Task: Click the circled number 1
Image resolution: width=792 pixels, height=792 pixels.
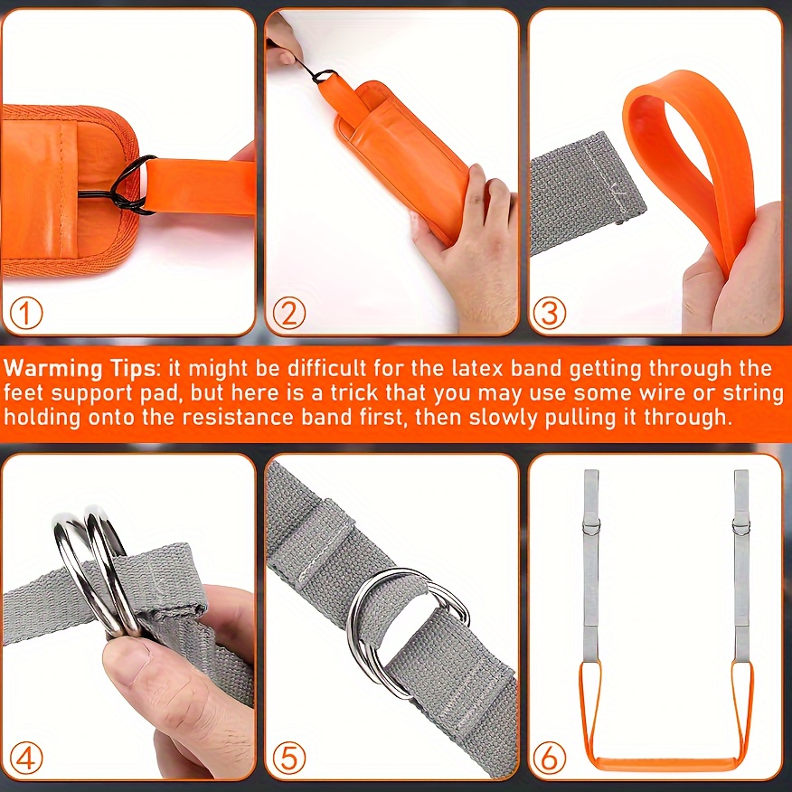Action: click(26, 313)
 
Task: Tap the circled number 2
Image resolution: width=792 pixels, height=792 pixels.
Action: click(289, 313)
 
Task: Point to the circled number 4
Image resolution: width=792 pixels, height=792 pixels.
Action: click(26, 758)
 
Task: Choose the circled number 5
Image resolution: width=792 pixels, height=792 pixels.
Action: click(289, 758)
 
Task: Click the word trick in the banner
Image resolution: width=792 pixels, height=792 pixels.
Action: click(354, 393)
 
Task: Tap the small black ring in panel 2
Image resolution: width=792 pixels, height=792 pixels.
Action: click(324, 77)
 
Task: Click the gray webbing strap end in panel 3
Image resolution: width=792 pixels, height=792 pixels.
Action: click(586, 192)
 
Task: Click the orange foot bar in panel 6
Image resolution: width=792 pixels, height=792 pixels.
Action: click(665, 761)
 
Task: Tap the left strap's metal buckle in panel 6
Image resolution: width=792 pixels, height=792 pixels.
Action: click(591, 527)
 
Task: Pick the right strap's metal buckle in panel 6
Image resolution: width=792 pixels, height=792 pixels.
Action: click(741, 527)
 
